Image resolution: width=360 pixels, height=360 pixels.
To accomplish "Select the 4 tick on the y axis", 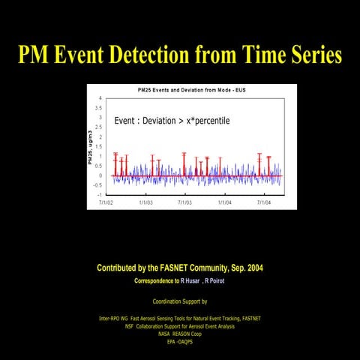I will coord(100,98).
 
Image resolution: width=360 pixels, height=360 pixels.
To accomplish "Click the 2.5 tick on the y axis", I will coord(99,127).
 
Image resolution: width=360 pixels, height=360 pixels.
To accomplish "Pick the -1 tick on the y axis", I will coord(100,194).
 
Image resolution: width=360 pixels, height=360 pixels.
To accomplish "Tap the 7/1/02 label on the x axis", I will coord(106,202).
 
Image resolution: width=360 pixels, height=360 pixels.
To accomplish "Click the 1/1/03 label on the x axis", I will coord(146,202).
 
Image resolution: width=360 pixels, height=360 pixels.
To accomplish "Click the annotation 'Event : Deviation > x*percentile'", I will coord(171,121).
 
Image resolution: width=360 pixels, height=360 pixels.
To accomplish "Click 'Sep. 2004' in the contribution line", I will coord(246,268).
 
